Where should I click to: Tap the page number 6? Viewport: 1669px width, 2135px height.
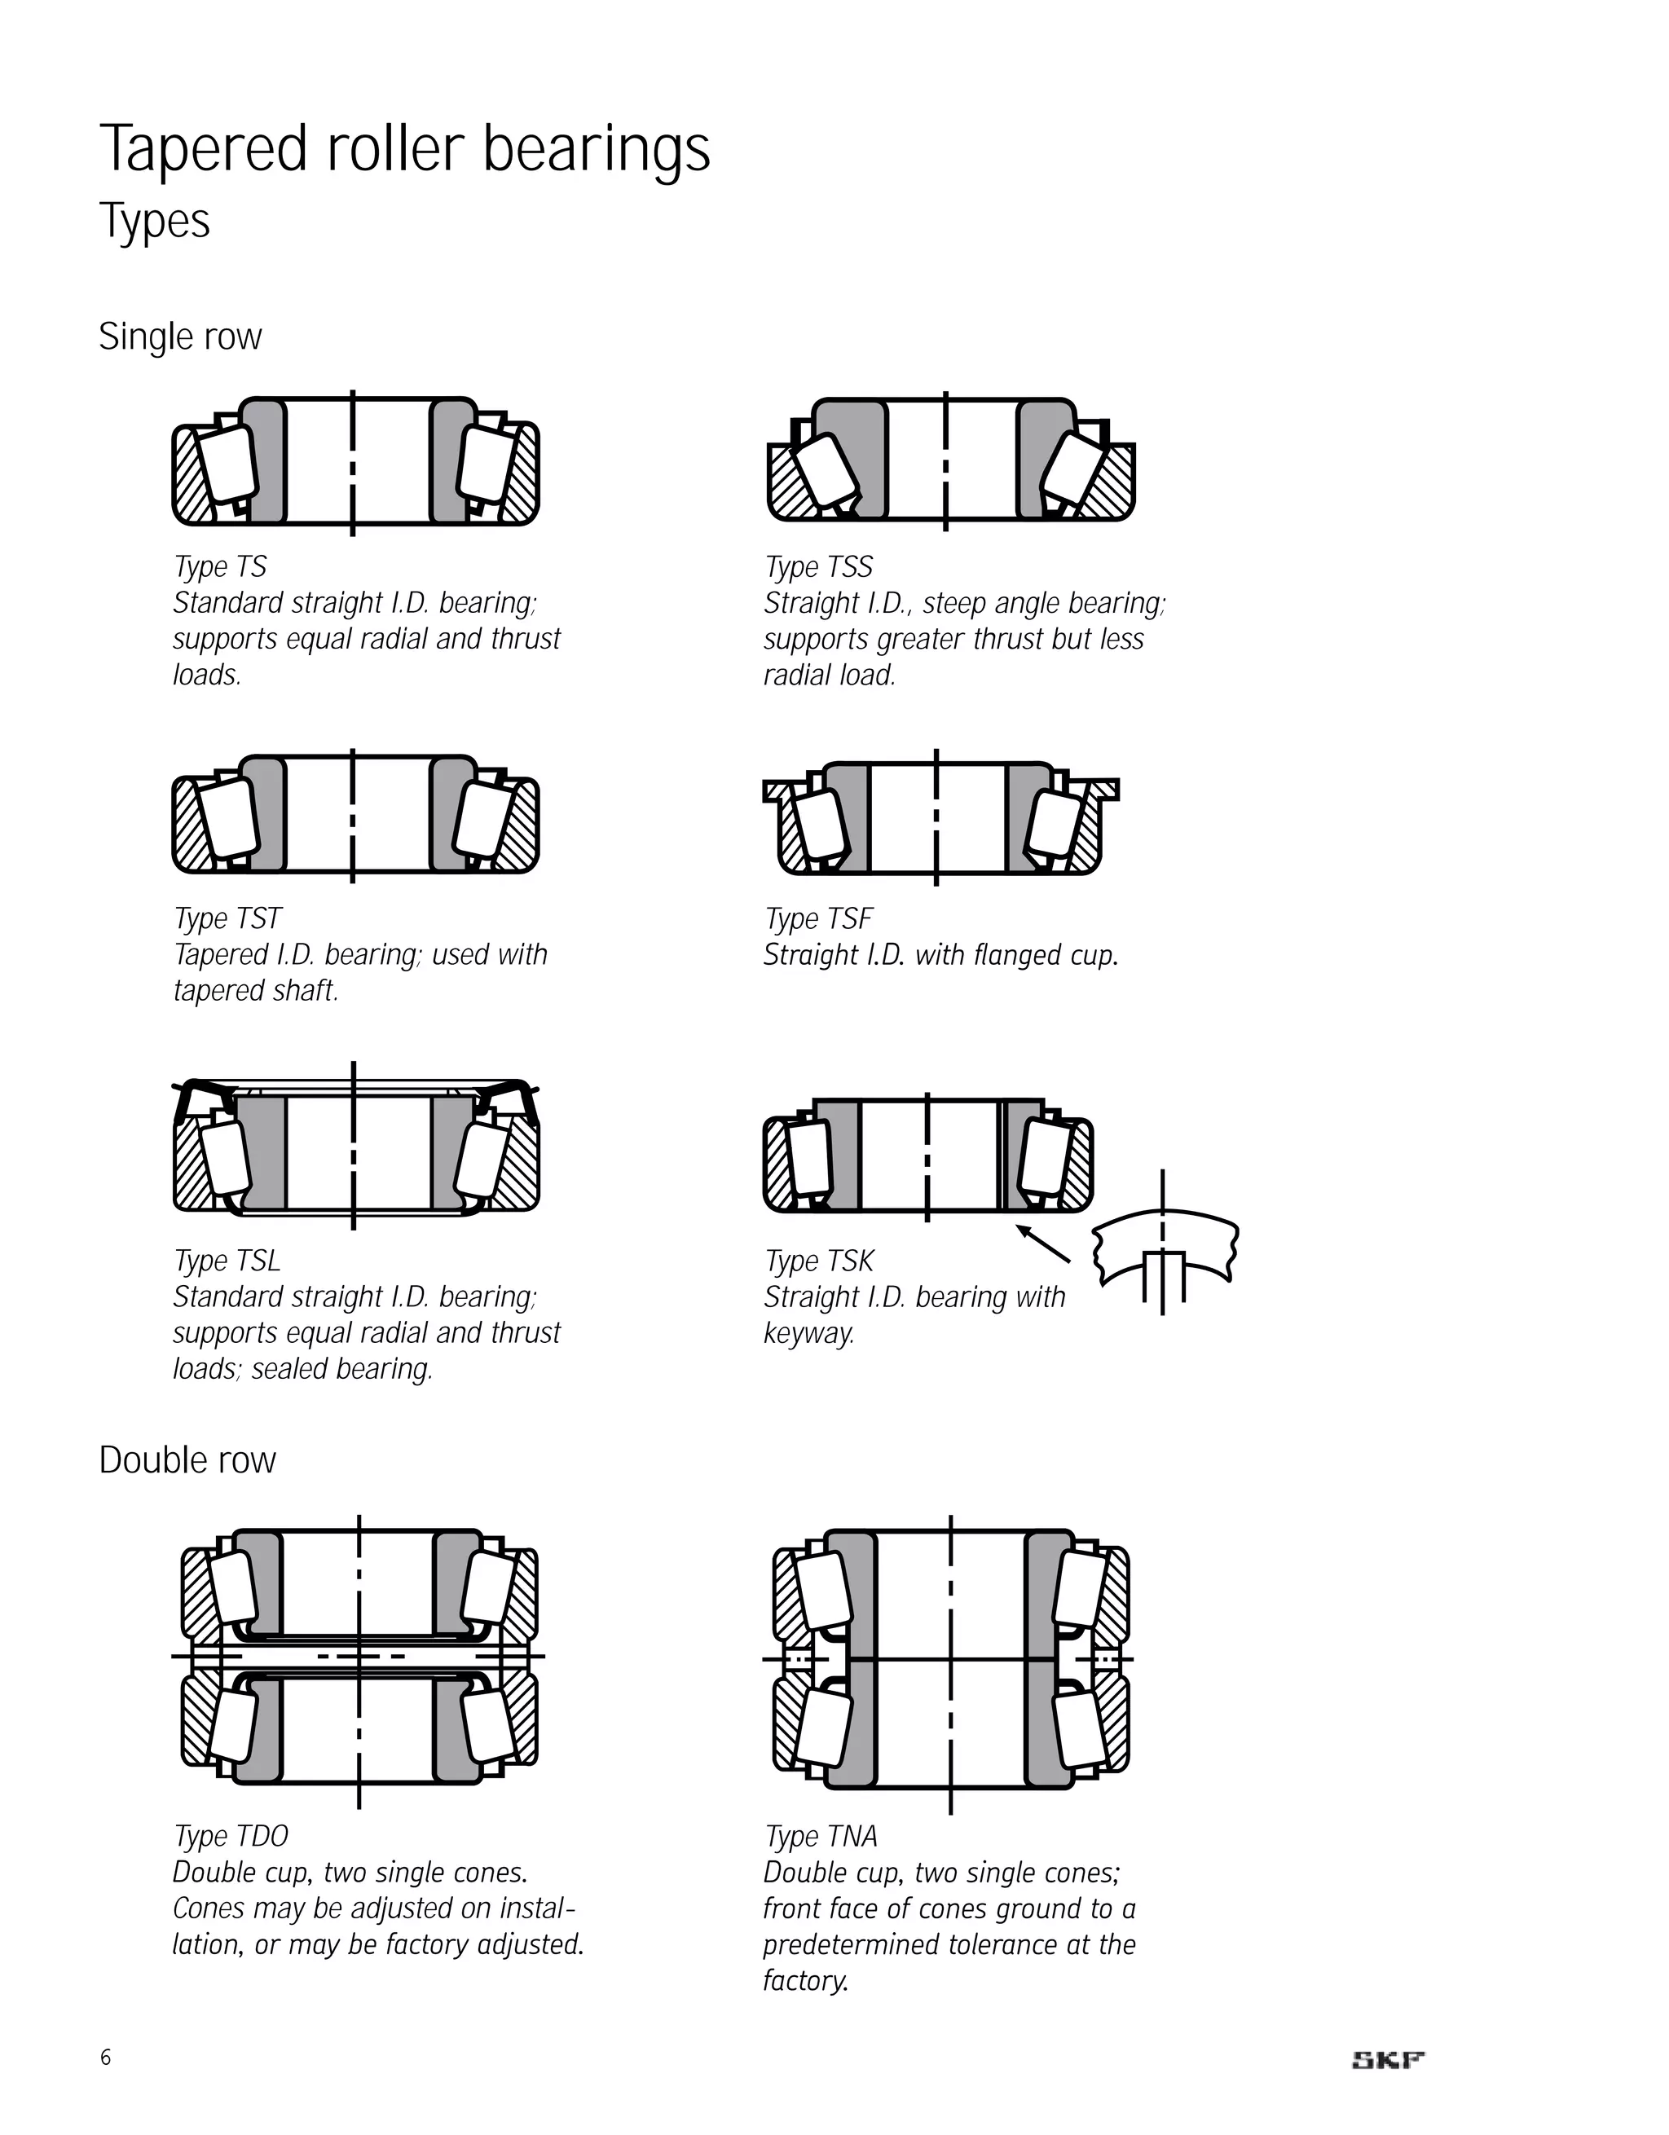106,2058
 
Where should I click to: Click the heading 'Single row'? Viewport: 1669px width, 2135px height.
180,337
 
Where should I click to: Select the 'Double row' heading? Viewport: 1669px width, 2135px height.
187,1459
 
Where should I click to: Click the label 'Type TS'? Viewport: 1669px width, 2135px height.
220,567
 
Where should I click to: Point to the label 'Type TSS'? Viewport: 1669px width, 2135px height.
818,567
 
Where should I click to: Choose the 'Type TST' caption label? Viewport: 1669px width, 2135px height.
228,919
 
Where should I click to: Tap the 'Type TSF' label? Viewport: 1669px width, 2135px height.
818,919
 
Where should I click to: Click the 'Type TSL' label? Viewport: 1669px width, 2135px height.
227,1261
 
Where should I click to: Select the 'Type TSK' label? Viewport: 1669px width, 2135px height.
819,1261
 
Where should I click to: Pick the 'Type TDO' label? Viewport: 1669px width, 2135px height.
231,1836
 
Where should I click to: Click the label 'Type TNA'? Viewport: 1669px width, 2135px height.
821,1836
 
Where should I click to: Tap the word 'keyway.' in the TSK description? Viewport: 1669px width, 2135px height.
808,1333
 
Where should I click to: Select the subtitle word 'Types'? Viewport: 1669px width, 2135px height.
155,221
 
